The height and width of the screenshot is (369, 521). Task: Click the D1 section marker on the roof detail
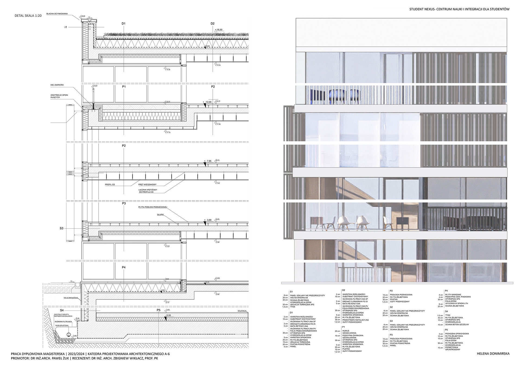(123, 24)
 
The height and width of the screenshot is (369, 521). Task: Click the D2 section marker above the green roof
(213, 24)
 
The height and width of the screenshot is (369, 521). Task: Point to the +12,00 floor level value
(209, 102)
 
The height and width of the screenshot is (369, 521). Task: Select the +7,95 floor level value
(209, 161)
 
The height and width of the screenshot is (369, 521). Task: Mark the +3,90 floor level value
(209, 220)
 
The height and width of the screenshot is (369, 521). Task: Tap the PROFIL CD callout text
(110, 184)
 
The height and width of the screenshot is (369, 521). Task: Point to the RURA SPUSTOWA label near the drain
(62, 325)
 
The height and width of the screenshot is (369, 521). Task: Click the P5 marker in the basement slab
(159, 310)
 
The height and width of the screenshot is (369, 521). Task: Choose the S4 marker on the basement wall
(62, 310)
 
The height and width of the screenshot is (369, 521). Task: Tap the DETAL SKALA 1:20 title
(28, 16)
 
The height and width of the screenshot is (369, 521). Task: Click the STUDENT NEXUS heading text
(459, 9)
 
